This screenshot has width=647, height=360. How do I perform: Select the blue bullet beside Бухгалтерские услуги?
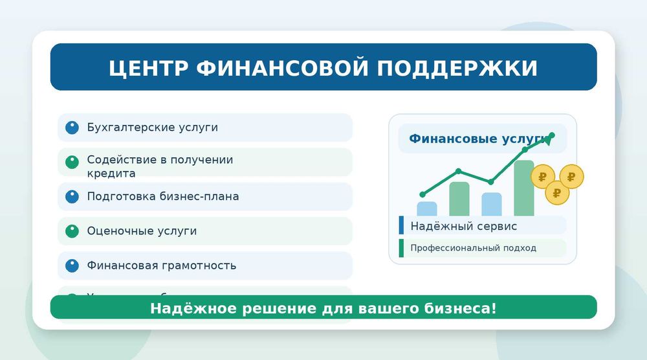point(72,128)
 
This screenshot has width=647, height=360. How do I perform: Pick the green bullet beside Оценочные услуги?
point(72,231)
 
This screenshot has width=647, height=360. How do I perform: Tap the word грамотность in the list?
point(199,265)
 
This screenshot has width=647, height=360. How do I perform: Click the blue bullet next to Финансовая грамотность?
point(72,265)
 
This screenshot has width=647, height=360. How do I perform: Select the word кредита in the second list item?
point(111,174)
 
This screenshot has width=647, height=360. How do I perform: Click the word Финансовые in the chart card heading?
point(444,139)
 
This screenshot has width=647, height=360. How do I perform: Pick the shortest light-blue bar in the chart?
point(427,208)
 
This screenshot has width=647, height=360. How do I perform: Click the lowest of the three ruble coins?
point(557,192)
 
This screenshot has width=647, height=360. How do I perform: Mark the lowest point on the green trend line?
point(422,194)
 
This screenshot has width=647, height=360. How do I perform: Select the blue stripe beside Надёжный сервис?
point(402,225)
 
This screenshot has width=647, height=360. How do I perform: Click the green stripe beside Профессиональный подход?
point(402,248)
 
